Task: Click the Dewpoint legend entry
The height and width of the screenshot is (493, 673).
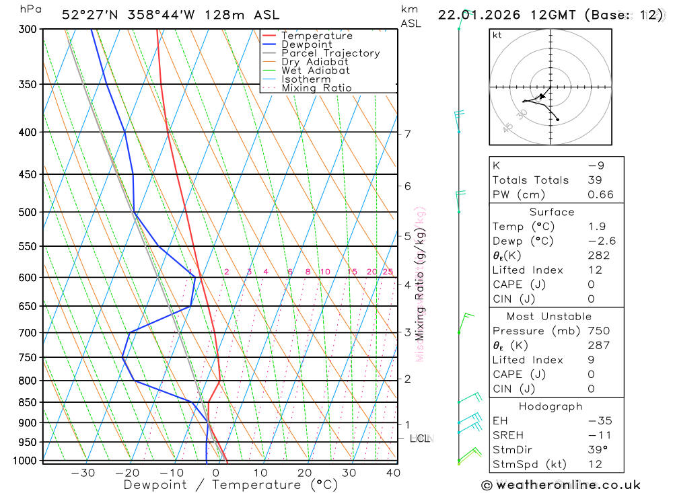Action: coord(308,44)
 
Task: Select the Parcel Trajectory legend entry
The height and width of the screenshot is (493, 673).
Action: coord(330,53)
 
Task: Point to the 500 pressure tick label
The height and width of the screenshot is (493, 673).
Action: coord(27,212)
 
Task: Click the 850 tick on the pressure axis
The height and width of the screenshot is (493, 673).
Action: coord(27,402)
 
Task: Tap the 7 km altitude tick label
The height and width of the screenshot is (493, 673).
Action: coord(408,134)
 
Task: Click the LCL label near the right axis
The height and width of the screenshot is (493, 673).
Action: coord(420,439)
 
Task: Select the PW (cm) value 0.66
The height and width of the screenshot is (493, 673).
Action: coord(600,194)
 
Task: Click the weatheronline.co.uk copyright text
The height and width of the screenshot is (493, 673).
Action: coord(561,485)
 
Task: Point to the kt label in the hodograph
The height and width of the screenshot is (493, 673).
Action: coord(497,35)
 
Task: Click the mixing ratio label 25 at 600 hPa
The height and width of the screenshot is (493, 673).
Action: coord(388,272)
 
